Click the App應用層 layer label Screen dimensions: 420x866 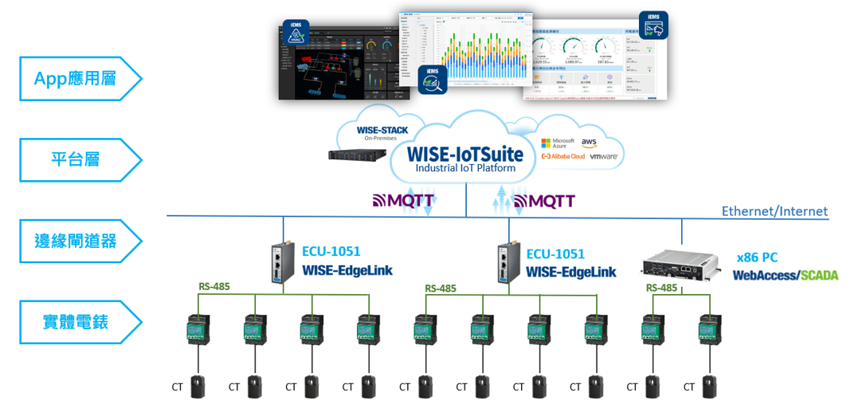75,78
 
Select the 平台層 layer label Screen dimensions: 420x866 75,159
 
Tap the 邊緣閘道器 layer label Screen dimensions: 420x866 75,241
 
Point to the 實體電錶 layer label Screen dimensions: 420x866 75,322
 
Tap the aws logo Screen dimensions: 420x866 590,142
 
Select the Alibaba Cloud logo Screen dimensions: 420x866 562,157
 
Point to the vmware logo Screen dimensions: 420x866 603,157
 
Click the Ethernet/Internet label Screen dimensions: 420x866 774,211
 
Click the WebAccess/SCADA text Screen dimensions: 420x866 785,275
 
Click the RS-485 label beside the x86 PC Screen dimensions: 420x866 662,288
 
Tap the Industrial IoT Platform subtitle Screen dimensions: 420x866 465,168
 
